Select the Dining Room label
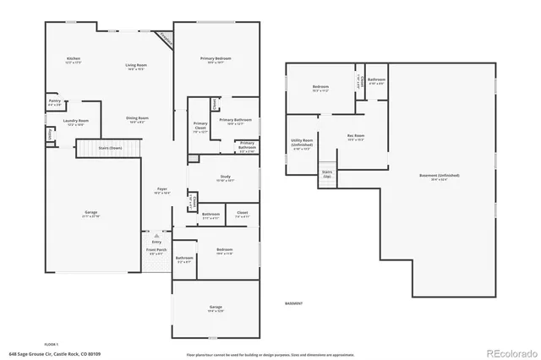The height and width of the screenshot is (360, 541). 137,119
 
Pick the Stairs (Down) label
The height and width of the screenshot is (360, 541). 111,148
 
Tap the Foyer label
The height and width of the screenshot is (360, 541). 161,189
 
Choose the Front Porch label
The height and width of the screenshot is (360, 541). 156,251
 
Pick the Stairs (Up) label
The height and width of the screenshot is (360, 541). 326,173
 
